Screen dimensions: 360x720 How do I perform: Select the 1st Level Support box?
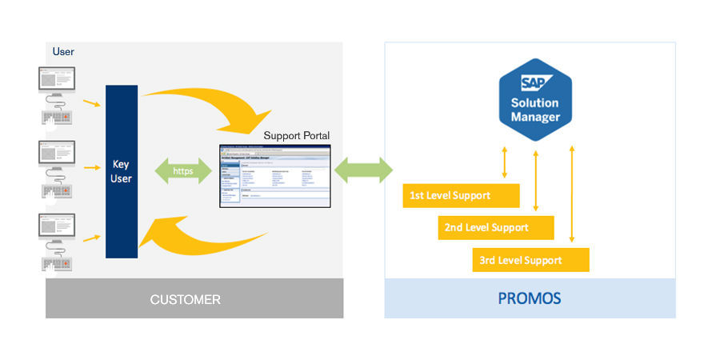461,195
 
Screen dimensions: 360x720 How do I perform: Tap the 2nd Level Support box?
496,227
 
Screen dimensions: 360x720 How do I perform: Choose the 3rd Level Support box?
530,260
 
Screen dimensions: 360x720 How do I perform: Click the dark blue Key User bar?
122,171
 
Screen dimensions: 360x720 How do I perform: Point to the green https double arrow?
183,170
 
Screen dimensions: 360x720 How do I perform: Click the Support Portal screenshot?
274,176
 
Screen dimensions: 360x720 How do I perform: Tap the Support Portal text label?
296,135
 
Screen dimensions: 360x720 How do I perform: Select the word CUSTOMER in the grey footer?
185,300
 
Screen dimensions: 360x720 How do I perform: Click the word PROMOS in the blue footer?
529,299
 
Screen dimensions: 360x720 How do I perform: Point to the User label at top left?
63,52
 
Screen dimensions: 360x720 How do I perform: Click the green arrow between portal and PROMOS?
364,170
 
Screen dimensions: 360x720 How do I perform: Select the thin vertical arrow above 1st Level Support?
504,162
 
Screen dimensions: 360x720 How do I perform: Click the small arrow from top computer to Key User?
91,103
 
